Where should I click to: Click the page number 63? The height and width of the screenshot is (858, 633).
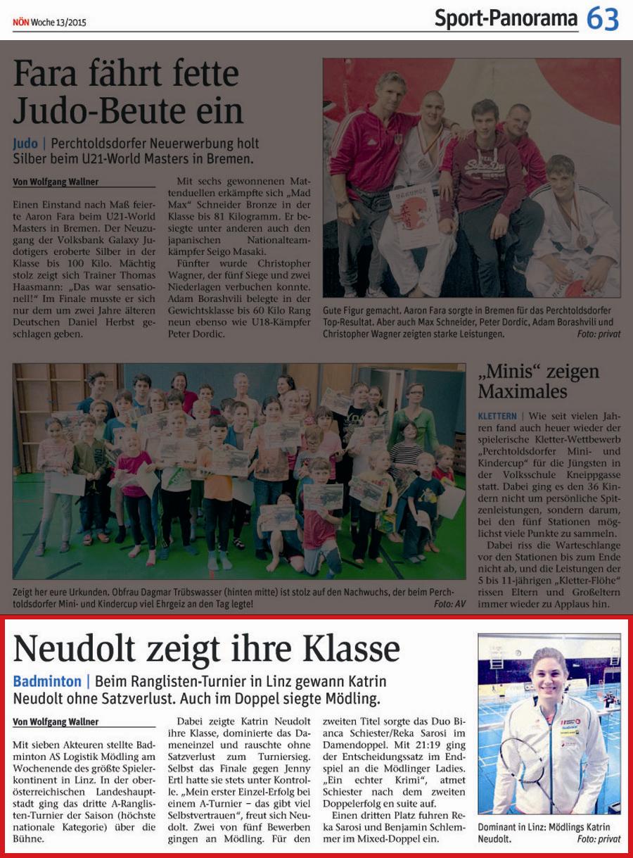(603, 19)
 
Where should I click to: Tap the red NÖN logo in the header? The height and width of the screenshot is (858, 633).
(20, 23)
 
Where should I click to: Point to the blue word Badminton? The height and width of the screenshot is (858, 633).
(47, 681)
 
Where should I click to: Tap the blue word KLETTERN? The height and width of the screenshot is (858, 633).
(497, 416)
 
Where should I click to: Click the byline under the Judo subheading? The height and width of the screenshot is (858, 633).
(56, 182)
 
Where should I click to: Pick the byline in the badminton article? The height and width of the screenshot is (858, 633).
(56, 721)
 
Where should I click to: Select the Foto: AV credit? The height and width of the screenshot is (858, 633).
(449, 604)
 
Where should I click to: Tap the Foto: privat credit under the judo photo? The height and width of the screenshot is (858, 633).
(599, 334)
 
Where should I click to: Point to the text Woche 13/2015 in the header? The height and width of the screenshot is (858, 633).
(58, 23)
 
